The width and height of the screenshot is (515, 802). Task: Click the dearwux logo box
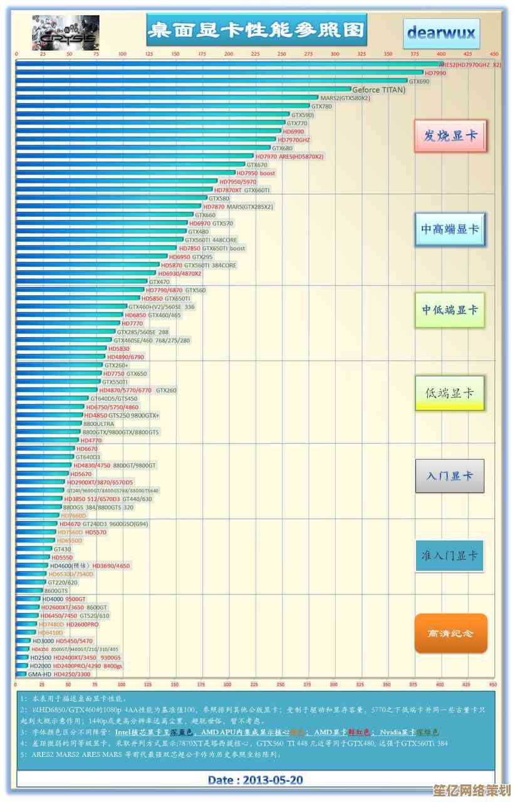coord(441,33)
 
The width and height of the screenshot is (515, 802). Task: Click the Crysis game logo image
coord(65,33)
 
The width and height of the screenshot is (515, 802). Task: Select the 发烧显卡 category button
coord(450,135)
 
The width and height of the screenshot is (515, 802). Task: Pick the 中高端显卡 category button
coord(450,229)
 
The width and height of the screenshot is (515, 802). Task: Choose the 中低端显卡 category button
coord(450,310)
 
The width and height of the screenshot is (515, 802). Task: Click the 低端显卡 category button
coord(450,393)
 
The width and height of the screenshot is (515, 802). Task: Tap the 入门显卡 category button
coord(450,476)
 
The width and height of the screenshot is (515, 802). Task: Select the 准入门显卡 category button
coord(449,555)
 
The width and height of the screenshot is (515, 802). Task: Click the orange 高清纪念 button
coord(450,633)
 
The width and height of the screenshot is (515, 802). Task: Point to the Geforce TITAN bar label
coord(378,90)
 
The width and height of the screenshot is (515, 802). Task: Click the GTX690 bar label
coord(419,81)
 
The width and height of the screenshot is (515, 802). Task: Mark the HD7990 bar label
coord(435,73)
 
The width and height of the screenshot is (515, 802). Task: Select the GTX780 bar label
coord(321,107)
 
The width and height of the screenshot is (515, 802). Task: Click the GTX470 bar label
coord(159,282)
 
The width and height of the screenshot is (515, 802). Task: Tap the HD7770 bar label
coord(132,324)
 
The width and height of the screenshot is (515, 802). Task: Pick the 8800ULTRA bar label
coord(99,424)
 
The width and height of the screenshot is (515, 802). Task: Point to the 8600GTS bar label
coord(56,591)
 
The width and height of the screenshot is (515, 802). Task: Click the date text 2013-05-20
coord(256,780)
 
